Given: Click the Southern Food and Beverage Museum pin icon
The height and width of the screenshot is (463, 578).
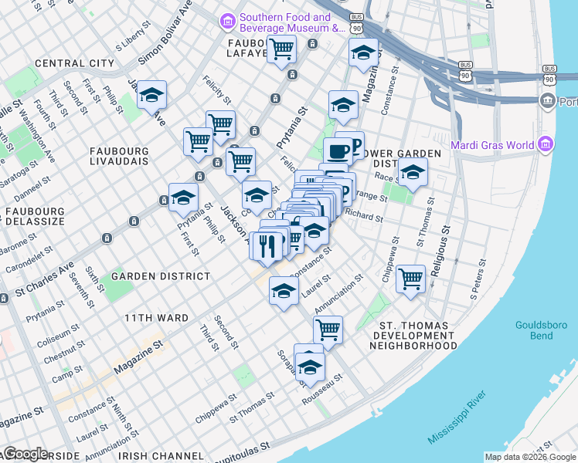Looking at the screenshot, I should [228, 21].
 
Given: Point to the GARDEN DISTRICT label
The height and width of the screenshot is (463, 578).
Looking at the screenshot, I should [161, 275].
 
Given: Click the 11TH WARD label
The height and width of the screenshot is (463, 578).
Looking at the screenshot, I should [157, 318].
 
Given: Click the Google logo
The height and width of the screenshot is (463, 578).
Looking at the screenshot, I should [25, 454].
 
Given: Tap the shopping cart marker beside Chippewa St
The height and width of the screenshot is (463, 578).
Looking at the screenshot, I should [410, 278].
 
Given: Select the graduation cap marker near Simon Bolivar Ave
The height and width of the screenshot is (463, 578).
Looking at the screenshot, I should [152, 95].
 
